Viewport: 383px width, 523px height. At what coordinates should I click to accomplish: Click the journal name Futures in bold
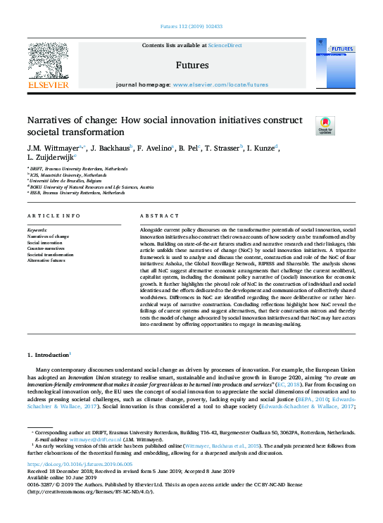tap(192, 65)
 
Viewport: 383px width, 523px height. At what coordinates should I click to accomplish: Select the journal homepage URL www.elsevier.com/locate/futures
tap(220, 84)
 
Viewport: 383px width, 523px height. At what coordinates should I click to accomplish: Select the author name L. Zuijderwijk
tap(50, 158)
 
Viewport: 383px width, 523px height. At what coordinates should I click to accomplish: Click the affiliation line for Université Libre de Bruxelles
tap(67, 181)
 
